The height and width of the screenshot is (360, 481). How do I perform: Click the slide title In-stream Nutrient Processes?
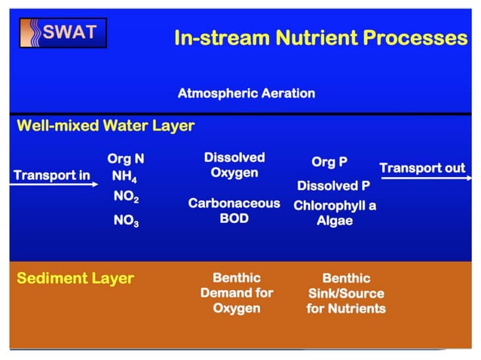(x=320, y=38)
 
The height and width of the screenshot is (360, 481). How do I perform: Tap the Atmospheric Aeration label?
(x=246, y=94)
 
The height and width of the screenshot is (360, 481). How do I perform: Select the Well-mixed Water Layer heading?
(x=106, y=126)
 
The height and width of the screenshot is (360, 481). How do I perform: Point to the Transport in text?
(x=52, y=175)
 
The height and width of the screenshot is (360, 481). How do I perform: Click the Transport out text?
(x=422, y=168)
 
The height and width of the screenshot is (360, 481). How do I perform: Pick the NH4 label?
(x=125, y=177)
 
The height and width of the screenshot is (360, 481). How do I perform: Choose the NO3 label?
(x=125, y=222)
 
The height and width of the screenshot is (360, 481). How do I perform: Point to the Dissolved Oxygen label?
(x=234, y=165)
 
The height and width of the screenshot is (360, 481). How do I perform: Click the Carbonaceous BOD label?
(x=234, y=211)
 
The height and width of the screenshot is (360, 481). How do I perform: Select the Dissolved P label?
(x=333, y=185)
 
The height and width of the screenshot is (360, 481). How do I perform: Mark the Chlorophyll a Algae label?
(x=334, y=212)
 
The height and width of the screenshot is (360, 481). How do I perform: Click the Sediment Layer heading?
(x=75, y=279)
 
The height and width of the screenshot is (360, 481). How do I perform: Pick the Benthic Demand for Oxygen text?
(x=236, y=293)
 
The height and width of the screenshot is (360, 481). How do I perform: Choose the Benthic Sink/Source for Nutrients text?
(x=345, y=294)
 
